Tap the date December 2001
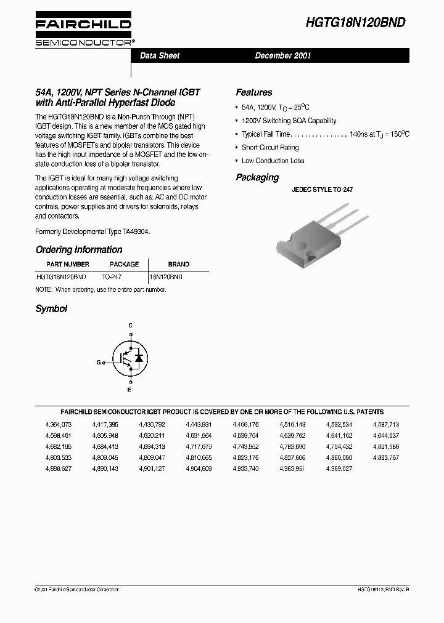pyautogui.click(x=283, y=55)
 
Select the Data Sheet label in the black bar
pyautogui.click(x=160, y=55)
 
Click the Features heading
pyautogui.click(x=253, y=92)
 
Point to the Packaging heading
pyautogui.click(x=257, y=177)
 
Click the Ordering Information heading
pyautogui.click(x=79, y=250)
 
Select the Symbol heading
pyautogui.click(x=51, y=309)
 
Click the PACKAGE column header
pyautogui.click(x=124, y=264)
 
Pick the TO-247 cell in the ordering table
pyautogui.click(x=112, y=277)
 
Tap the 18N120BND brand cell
pyautogui.click(x=166, y=277)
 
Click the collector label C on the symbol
pyautogui.click(x=130, y=324)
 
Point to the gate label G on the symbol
pyautogui.click(x=99, y=363)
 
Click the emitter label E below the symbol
pyautogui.click(x=129, y=390)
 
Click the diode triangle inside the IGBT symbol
pyautogui.click(x=139, y=358)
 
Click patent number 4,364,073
pyautogui.click(x=59, y=425)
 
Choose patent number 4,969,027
pyautogui.click(x=339, y=469)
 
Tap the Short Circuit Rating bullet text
pyautogui.click(x=270, y=148)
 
